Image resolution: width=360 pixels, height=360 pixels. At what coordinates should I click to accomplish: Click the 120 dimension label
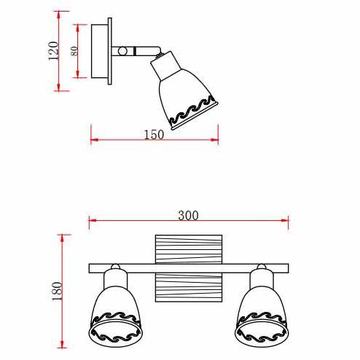coord(53,51)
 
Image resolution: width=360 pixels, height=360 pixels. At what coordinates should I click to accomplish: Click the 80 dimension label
coord(74,51)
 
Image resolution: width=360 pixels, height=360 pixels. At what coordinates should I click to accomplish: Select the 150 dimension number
coord(154,135)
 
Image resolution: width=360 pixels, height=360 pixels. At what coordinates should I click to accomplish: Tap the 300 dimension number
coord(188,216)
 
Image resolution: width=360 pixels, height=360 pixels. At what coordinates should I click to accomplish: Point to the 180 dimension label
coord(58,291)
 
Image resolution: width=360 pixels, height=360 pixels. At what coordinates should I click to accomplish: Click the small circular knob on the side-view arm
coord(122,51)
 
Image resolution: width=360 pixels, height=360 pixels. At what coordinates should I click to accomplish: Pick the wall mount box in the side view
coord(99,51)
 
